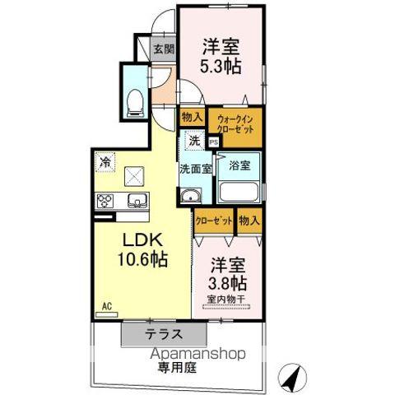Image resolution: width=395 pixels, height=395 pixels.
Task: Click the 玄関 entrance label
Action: pyautogui.click(x=164, y=49)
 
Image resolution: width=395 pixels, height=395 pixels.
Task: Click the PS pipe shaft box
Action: pyautogui.click(x=214, y=142)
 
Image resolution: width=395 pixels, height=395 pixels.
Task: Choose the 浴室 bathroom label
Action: pyautogui.click(x=240, y=164)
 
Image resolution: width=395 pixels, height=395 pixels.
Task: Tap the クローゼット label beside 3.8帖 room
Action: pyautogui.click(x=214, y=220)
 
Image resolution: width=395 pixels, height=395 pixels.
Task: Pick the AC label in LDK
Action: pyautogui.click(x=106, y=306)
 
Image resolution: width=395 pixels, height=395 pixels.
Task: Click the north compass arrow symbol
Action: pyautogui.click(x=290, y=378)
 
